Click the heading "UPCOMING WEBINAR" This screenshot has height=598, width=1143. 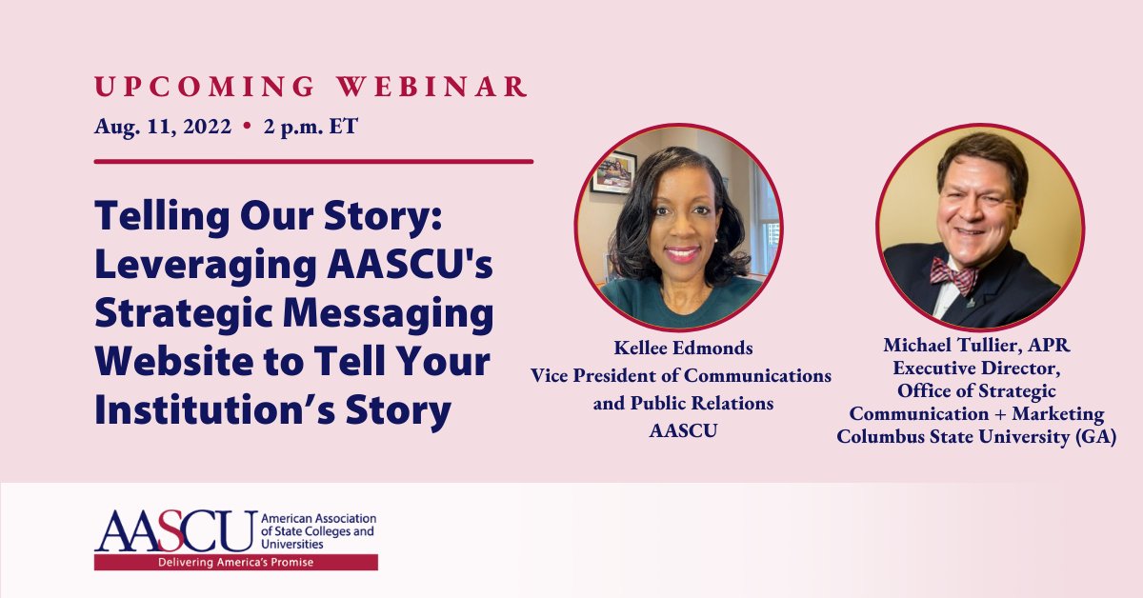[x=311, y=86]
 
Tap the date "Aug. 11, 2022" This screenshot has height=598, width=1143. [x=162, y=127]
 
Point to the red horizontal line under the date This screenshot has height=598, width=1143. [x=313, y=161]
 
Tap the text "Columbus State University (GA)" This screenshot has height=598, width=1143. [x=977, y=437]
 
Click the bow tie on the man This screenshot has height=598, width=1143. [x=952, y=275]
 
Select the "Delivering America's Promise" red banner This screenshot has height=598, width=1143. [x=235, y=563]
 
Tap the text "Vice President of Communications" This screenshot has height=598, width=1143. [x=681, y=376]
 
